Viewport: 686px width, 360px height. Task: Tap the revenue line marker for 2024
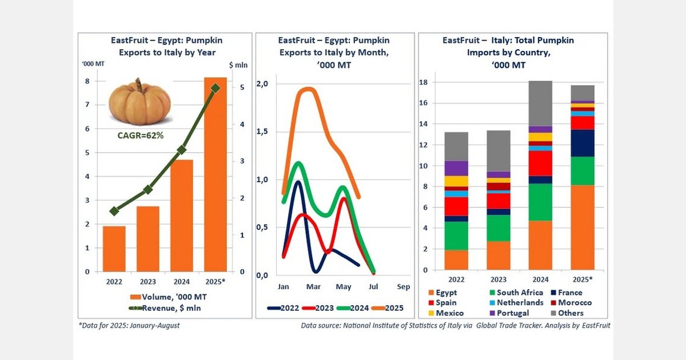tap(181, 150)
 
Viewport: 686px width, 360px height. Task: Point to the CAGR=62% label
tap(141, 135)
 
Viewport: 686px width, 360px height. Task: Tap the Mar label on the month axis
tap(313, 286)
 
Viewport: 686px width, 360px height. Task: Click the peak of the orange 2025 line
tap(308, 89)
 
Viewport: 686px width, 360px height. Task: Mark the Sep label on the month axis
tap(403, 286)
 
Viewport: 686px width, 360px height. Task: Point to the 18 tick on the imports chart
tap(424, 82)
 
